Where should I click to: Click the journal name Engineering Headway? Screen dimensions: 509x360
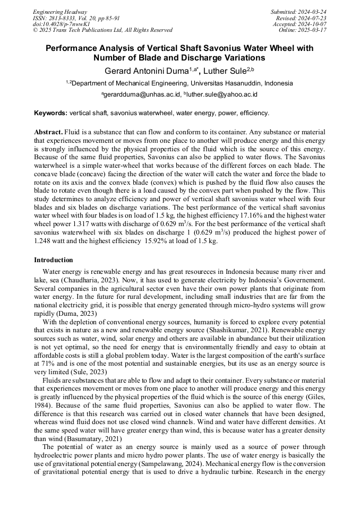click(59, 12)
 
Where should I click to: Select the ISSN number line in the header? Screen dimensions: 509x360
click(76, 18)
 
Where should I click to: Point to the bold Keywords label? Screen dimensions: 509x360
click(51, 113)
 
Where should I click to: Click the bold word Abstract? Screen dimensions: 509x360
click(48, 131)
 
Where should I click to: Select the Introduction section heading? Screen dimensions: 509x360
click(54, 260)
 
